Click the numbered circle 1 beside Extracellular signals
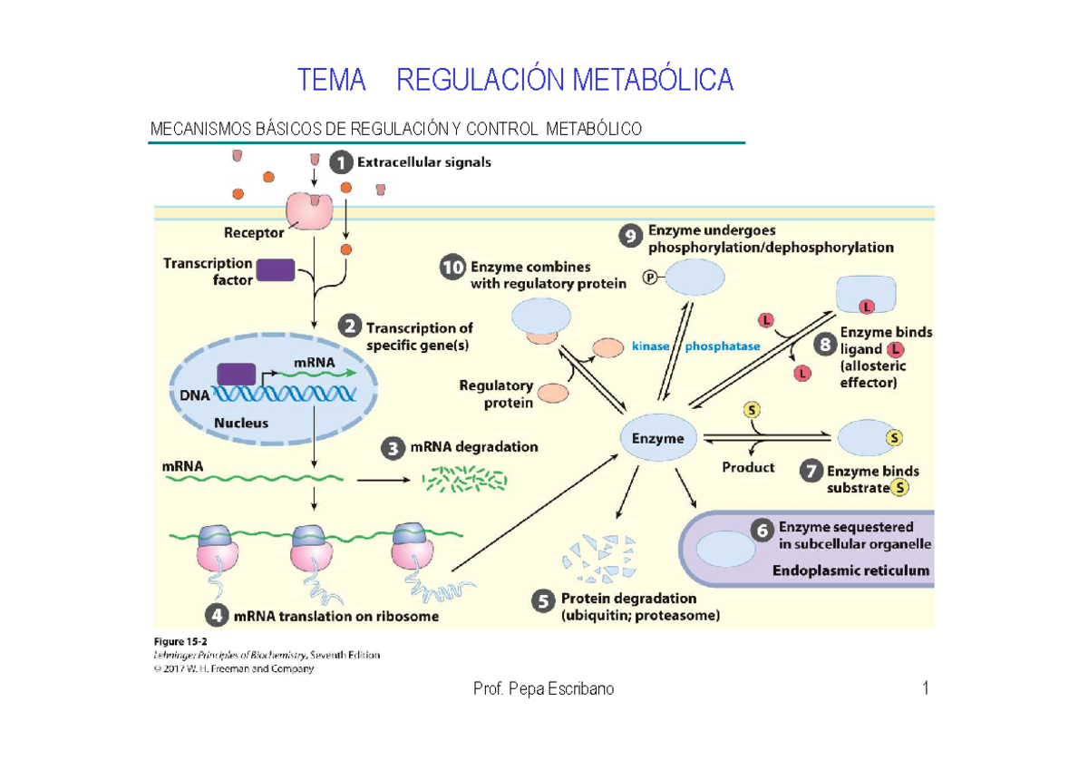click(339, 163)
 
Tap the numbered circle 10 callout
click(452, 268)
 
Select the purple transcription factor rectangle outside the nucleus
click(276, 270)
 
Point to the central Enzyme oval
click(657, 438)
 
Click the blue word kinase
click(650, 346)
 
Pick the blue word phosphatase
click(722, 346)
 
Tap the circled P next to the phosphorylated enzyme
click(649, 278)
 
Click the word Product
click(748, 467)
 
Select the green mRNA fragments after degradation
click(465, 478)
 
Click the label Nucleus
click(241, 423)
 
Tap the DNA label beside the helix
click(194, 395)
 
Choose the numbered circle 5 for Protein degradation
click(542, 600)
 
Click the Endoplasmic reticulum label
click(850, 570)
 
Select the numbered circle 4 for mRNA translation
click(216, 617)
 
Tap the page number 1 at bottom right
click(926, 689)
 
